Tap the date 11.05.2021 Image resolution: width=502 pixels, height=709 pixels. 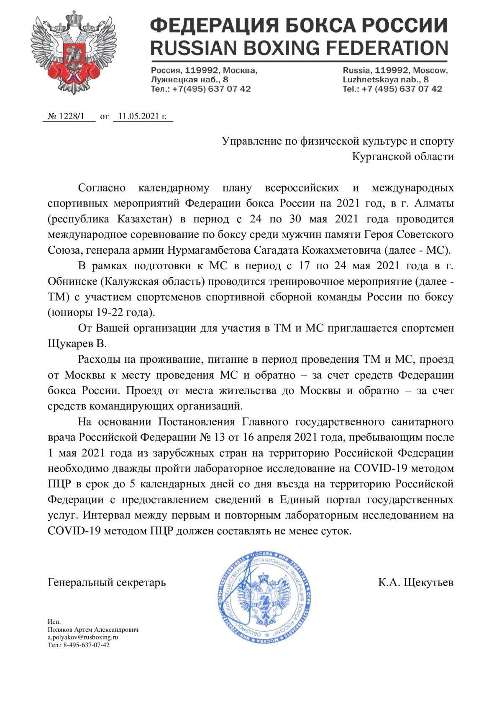click(142, 117)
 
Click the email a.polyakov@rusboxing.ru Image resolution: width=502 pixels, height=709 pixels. click(83, 637)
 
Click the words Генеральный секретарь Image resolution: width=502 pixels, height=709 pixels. click(107, 582)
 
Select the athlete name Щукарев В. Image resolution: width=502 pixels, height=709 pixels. click(77, 344)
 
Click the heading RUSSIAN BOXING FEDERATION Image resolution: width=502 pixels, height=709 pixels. click(299, 48)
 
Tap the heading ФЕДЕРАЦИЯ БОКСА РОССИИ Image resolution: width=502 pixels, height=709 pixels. click(299, 26)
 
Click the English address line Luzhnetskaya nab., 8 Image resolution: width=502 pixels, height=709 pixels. click(385, 79)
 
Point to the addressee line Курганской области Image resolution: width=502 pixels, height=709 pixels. click(402, 157)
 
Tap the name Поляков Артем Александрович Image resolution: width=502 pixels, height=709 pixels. click(93, 629)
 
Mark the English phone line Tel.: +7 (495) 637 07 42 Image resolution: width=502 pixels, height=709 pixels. click(392, 89)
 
